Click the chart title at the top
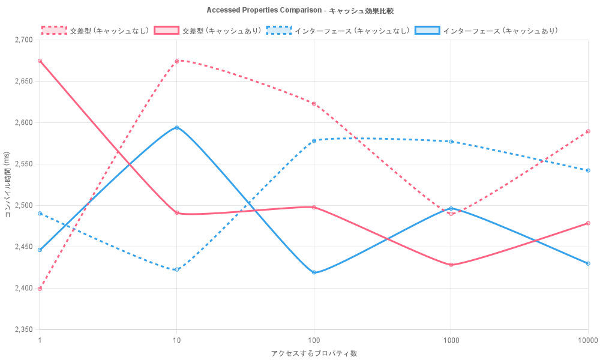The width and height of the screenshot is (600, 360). click(x=300, y=10)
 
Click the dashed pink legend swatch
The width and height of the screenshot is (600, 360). click(x=53, y=30)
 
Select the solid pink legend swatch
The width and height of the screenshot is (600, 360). click(x=166, y=30)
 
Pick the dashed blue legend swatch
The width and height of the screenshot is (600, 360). click(x=280, y=30)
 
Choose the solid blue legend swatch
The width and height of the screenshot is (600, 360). click(x=427, y=30)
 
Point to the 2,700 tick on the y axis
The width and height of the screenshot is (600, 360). click(x=25, y=40)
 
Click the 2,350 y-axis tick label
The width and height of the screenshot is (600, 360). click(x=25, y=329)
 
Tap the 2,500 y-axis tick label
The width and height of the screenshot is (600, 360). click(x=25, y=205)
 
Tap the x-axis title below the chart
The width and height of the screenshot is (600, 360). click(x=314, y=353)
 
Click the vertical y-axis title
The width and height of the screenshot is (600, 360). click(x=8, y=184)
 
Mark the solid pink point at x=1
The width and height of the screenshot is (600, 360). click(x=40, y=61)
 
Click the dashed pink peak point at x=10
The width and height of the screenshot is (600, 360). click(x=176, y=61)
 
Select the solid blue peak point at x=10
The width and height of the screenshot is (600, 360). click(x=176, y=127)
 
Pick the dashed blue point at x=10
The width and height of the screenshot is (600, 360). click(x=176, y=269)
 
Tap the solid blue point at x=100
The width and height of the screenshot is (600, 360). click(x=314, y=272)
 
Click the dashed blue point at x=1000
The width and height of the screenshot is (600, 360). click(x=451, y=142)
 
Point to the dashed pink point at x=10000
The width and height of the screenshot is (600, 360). click(x=588, y=131)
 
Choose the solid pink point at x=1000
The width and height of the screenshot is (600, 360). click(x=451, y=265)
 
